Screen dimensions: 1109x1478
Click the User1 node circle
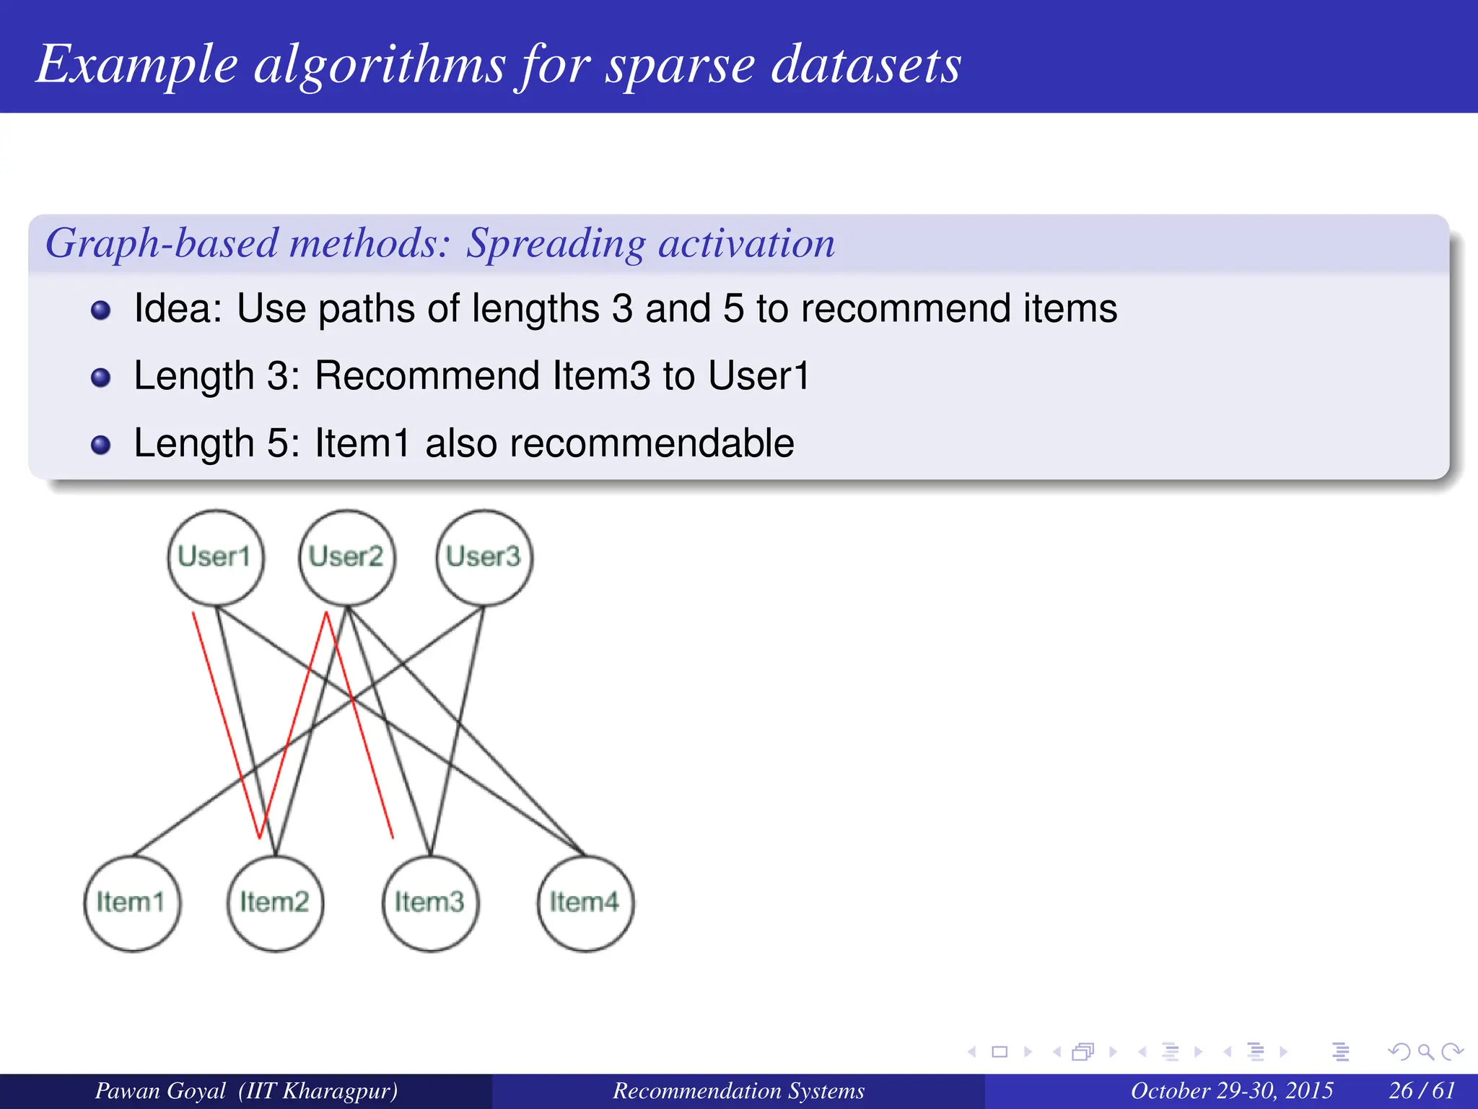tap(216, 557)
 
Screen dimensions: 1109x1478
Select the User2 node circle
tap(347, 557)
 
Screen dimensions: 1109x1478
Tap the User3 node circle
tap(484, 557)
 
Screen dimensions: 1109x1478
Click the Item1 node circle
tap(132, 903)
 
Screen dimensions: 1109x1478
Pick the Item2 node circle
tap(275, 903)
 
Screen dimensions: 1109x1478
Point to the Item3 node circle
tap(430, 903)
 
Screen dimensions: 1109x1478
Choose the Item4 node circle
tap(585, 903)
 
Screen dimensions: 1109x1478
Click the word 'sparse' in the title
tap(680, 65)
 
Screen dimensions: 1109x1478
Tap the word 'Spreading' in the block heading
tap(555, 243)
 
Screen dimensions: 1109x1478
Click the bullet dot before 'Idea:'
tap(101, 310)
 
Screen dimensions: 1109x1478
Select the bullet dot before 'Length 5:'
tap(101, 445)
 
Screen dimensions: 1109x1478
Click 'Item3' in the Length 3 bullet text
tap(600, 376)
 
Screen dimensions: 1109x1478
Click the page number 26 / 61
tap(1422, 1090)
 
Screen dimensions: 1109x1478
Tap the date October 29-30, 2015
tap(1231, 1090)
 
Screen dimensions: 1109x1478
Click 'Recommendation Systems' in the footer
tap(738, 1090)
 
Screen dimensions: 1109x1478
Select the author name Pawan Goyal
tap(160, 1090)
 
